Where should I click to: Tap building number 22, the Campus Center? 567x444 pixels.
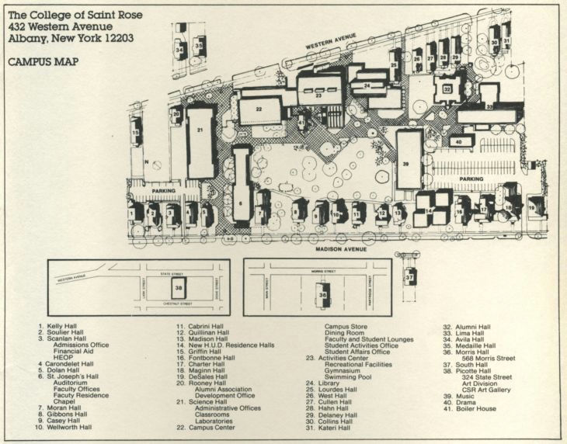tap(259, 110)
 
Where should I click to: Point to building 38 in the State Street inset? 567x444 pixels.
tap(179, 288)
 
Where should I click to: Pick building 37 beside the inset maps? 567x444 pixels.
tap(410, 276)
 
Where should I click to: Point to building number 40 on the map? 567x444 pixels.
tap(458, 142)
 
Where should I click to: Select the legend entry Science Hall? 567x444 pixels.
tap(203, 380)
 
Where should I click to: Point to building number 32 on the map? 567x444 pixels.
tap(447, 90)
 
